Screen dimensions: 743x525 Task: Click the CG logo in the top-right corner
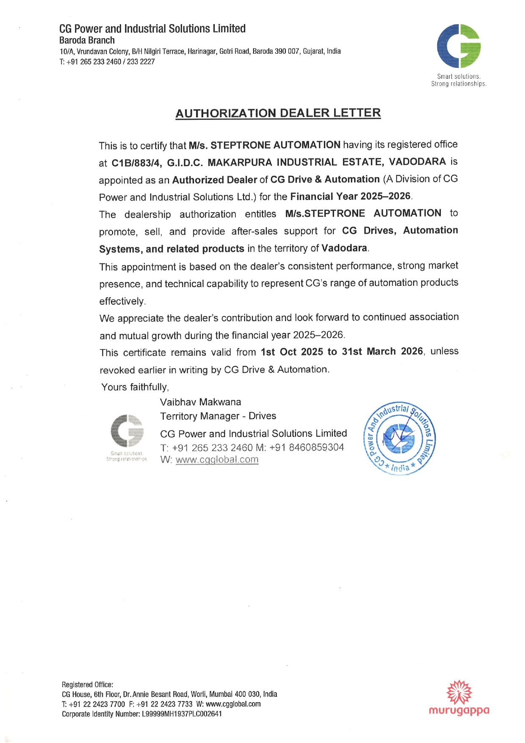point(459,46)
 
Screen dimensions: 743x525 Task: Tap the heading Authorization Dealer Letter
point(278,113)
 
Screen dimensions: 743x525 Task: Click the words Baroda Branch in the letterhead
point(87,40)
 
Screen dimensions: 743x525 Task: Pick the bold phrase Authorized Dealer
point(214,180)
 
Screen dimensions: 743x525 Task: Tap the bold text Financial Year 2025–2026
point(350,197)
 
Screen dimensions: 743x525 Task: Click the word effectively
point(122,301)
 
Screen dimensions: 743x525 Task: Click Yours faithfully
point(135,387)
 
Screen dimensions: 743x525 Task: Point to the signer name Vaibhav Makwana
point(200,402)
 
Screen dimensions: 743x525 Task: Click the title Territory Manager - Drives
point(218,416)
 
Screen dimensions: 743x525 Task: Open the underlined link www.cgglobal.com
point(217,460)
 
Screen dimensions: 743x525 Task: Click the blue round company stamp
point(399,438)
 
